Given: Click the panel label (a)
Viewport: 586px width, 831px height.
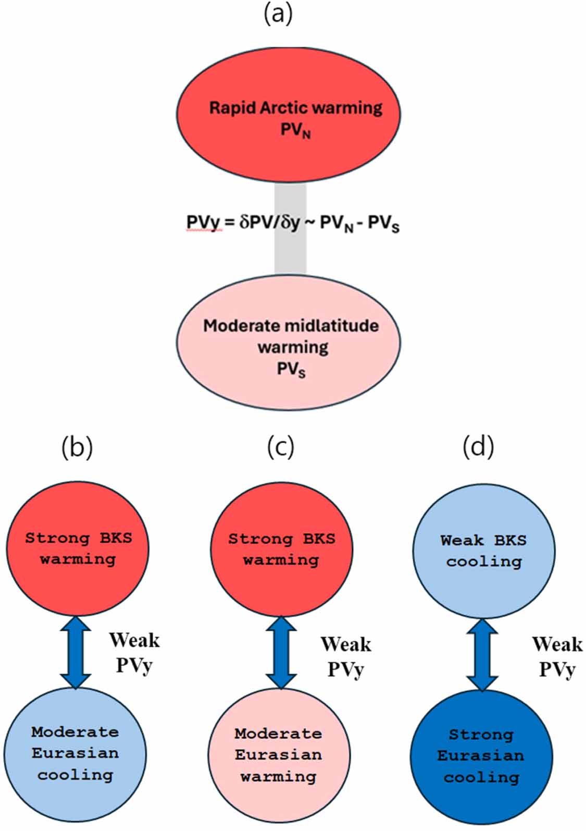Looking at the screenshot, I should (x=278, y=14).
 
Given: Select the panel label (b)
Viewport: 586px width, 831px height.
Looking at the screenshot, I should (x=77, y=447).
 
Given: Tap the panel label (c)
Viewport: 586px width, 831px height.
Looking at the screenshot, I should (x=280, y=447).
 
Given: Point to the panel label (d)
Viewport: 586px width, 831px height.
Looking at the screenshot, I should (x=478, y=447).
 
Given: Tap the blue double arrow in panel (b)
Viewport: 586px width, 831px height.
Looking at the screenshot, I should (x=76, y=652).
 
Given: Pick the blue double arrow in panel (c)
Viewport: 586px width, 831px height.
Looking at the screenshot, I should (x=281, y=652).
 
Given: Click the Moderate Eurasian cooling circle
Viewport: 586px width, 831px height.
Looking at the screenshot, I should (x=75, y=754).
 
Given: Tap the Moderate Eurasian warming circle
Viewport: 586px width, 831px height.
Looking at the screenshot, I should (x=279, y=755).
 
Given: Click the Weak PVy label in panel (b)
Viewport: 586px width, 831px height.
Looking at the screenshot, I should (x=134, y=652).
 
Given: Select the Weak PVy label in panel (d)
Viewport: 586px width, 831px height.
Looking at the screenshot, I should (x=557, y=656).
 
